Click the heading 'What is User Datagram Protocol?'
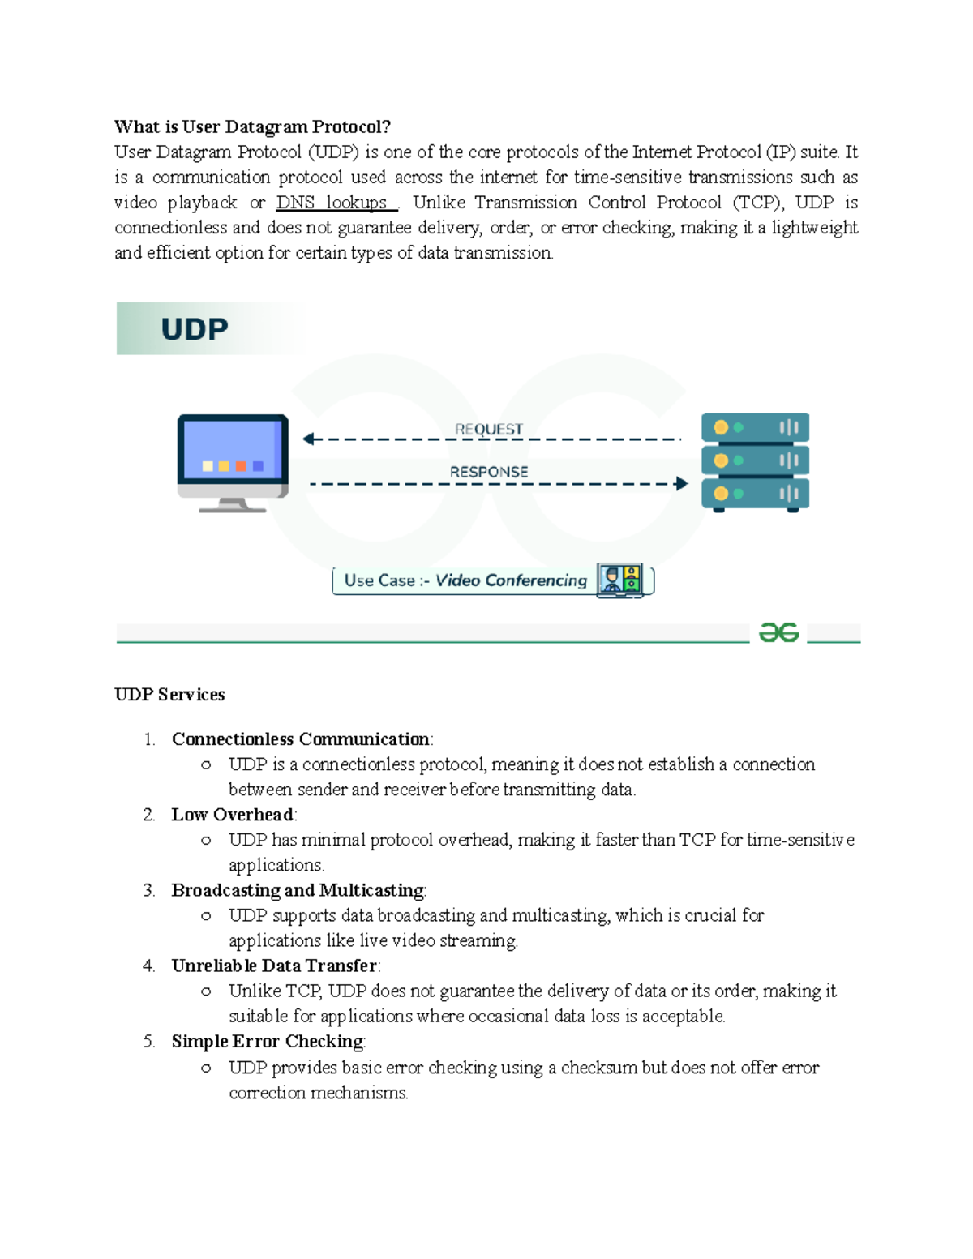pos(252,126)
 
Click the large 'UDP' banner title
pos(195,329)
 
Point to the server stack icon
pos(755,462)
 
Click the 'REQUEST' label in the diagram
pos(489,429)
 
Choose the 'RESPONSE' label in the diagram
pos(489,472)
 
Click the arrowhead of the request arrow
pos(308,439)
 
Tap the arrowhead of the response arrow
pos(682,484)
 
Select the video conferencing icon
pos(620,580)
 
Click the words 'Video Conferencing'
pos(511,580)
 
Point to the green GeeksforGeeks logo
pos(778,632)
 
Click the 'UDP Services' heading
pos(169,695)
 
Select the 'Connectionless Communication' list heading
pos(300,739)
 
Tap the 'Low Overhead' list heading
pos(232,815)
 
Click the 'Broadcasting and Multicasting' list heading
pos(298,890)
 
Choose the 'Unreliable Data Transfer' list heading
pos(274,966)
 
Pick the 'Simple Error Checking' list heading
pos(267,1041)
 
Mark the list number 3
pos(148,890)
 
